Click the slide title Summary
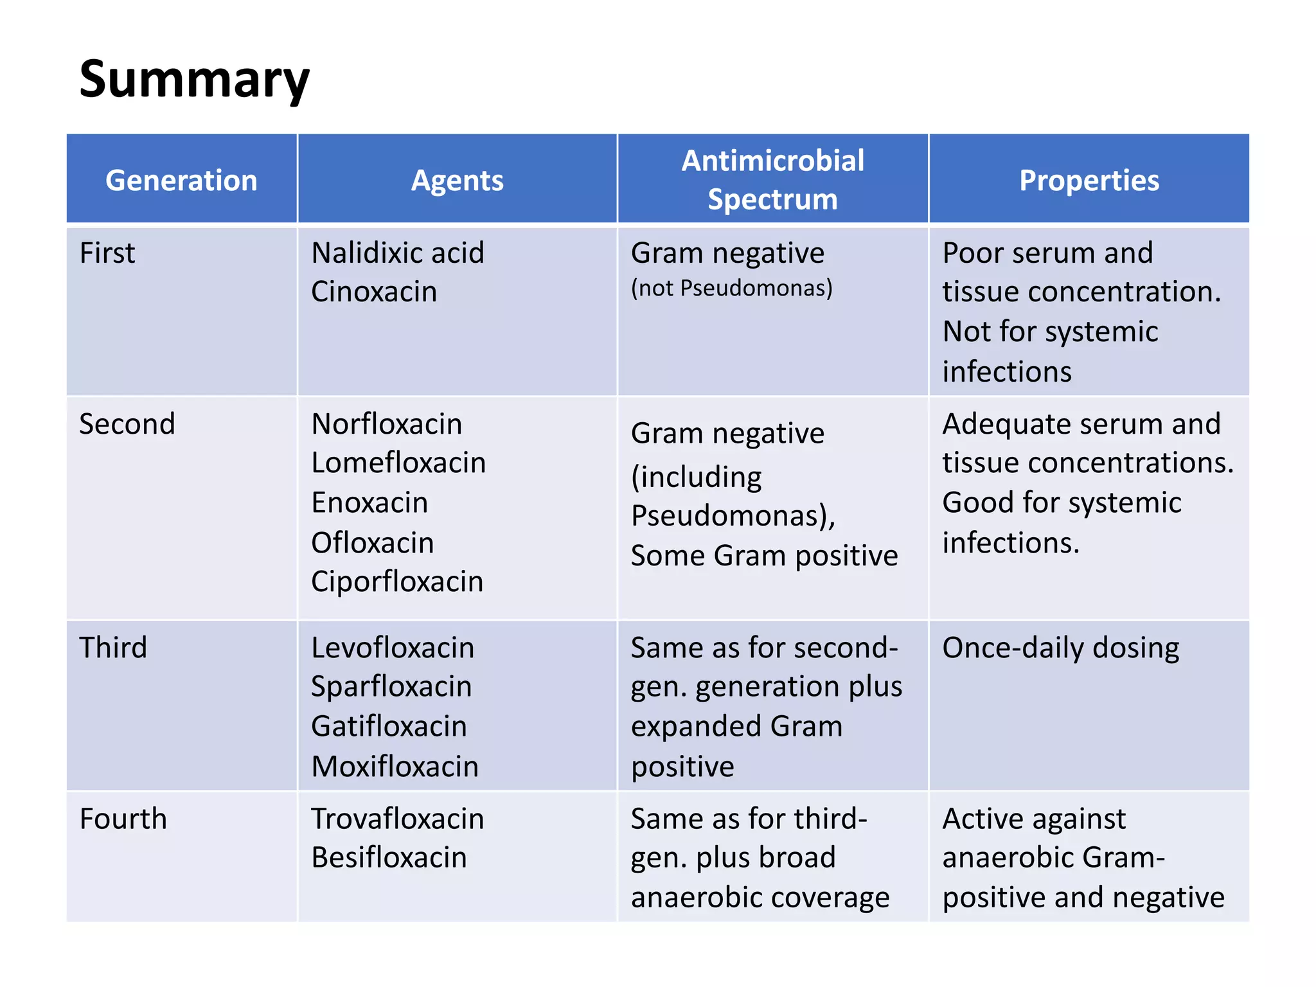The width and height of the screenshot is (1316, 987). (x=194, y=79)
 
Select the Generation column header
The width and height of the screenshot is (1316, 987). (x=181, y=181)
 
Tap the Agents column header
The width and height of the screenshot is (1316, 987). (x=457, y=181)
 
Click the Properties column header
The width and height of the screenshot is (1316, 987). (x=1089, y=181)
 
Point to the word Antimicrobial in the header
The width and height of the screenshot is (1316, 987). (x=772, y=161)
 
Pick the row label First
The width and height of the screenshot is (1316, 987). (x=107, y=253)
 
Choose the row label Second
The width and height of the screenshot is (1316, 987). (x=127, y=424)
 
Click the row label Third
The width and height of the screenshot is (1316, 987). (x=113, y=648)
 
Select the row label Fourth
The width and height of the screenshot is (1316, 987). (x=123, y=819)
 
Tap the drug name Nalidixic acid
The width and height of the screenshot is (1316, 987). (x=397, y=253)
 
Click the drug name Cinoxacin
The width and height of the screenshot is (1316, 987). (x=374, y=292)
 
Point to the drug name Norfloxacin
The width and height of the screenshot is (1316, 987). (x=386, y=424)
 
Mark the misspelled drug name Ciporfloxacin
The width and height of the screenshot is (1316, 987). (x=397, y=582)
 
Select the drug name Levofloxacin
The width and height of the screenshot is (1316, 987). (x=393, y=648)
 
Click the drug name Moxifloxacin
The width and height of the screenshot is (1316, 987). (x=395, y=767)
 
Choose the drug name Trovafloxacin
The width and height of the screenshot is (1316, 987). (x=397, y=819)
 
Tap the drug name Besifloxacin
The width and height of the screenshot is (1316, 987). (x=389, y=857)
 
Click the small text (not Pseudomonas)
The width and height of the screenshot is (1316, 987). (x=731, y=288)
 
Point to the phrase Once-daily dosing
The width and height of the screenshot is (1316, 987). (x=1060, y=648)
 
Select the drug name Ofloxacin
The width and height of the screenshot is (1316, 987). (x=372, y=543)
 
